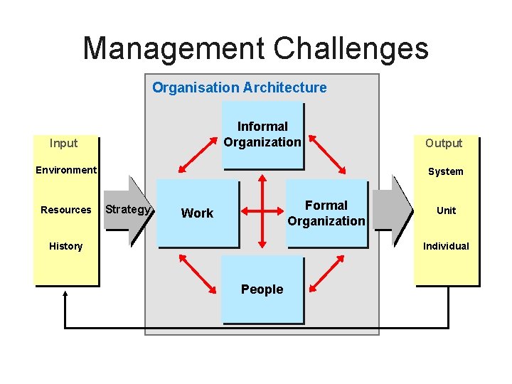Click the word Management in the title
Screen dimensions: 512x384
(x=174, y=48)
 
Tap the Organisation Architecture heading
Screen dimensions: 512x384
(x=240, y=87)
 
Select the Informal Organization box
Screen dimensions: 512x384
(x=262, y=135)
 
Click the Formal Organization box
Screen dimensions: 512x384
(x=326, y=213)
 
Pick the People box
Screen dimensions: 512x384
(x=262, y=289)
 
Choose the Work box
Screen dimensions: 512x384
(x=197, y=213)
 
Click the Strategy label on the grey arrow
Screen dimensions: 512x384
(x=127, y=209)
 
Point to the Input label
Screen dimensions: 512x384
(x=64, y=143)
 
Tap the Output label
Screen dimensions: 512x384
(x=444, y=143)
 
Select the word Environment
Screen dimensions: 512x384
(x=66, y=170)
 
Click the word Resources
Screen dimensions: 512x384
(x=66, y=210)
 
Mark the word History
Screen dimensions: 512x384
(x=65, y=246)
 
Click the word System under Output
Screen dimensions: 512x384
(x=446, y=171)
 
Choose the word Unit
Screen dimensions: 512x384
(x=447, y=210)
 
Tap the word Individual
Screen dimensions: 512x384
(x=446, y=246)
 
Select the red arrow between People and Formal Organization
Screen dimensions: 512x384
(x=328, y=274)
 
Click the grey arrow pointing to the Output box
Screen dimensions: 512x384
(x=392, y=210)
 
